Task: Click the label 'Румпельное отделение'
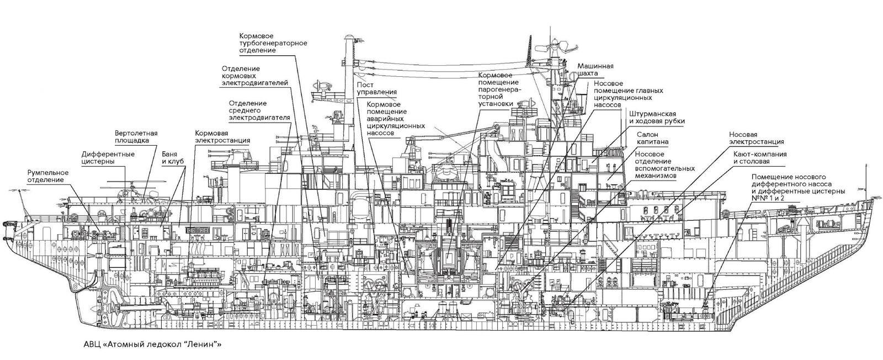click(x=48, y=176)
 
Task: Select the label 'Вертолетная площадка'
click(x=136, y=136)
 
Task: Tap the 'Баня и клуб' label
click(x=173, y=158)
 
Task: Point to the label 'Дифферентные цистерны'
click(x=108, y=158)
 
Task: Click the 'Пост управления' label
click(x=376, y=88)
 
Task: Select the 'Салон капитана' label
click(x=652, y=137)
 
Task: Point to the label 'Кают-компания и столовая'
click(x=760, y=158)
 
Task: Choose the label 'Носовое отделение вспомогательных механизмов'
click(x=664, y=165)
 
